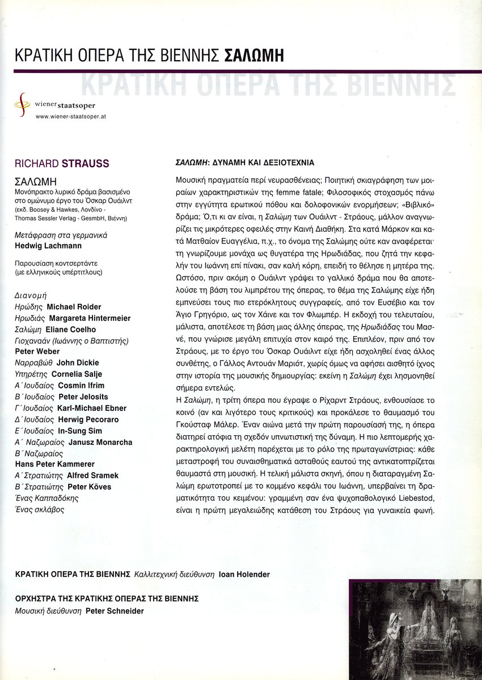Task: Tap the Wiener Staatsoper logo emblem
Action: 22,105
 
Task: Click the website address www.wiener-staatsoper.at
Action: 71,116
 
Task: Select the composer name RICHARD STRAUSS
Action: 62,165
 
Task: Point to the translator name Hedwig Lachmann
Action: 47,246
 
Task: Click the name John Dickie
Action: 78,363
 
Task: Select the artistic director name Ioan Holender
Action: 244,575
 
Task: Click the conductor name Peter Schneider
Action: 115,611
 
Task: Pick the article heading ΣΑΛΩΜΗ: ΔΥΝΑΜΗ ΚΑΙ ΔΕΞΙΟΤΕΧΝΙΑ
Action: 243,163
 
